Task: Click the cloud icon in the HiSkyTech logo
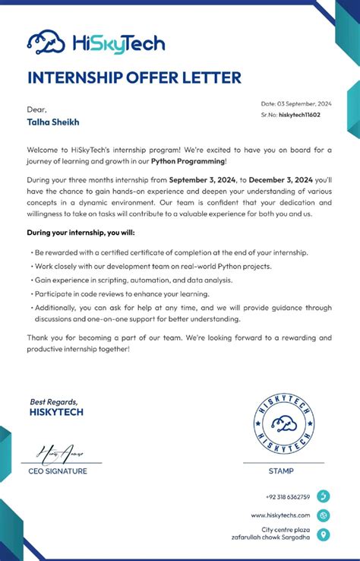click(46, 43)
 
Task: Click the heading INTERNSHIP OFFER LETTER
click(134, 78)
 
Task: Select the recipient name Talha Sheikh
click(53, 122)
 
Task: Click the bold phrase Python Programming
click(188, 161)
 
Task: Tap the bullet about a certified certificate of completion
click(171, 252)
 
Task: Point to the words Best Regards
click(54, 402)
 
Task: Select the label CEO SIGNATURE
click(58, 471)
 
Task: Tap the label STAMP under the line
click(281, 471)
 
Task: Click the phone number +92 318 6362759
click(288, 497)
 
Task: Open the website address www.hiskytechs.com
click(280, 515)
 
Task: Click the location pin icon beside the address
click(324, 534)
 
